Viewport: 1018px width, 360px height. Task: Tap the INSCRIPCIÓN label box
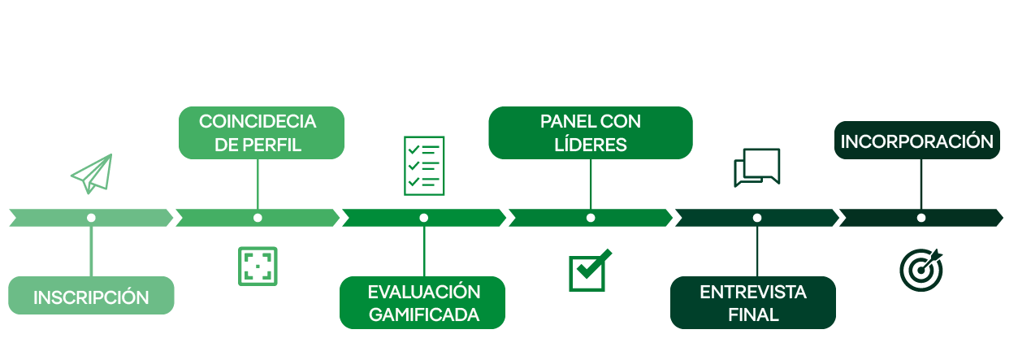(91, 296)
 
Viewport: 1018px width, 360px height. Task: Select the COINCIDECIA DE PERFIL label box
(262, 132)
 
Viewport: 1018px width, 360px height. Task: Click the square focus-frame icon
(258, 267)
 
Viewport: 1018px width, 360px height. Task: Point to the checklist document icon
(424, 166)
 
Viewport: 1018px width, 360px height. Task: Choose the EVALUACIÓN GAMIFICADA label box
(422, 302)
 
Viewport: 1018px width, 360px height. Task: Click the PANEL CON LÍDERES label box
(591, 132)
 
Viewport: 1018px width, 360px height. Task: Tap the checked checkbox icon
(590, 271)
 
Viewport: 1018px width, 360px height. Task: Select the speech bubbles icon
(757, 167)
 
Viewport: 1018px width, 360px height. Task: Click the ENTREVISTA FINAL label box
(753, 302)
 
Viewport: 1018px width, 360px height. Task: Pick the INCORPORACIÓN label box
(917, 140)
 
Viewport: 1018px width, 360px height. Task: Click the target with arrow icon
(921, 270)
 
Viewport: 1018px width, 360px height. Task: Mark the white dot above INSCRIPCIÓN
(91, 218)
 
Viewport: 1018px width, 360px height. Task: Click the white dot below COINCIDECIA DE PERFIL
(258, 218)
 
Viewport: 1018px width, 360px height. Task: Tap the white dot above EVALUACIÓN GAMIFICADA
(424, 218)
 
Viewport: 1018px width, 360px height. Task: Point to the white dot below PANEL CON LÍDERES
(591, 218)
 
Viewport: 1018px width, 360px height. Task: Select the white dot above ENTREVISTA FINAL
(757, 218)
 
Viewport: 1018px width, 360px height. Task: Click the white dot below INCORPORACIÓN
(921, 218)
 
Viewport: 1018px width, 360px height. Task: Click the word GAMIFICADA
(424, 314)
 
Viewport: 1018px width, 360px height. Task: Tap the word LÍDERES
(591, 144)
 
